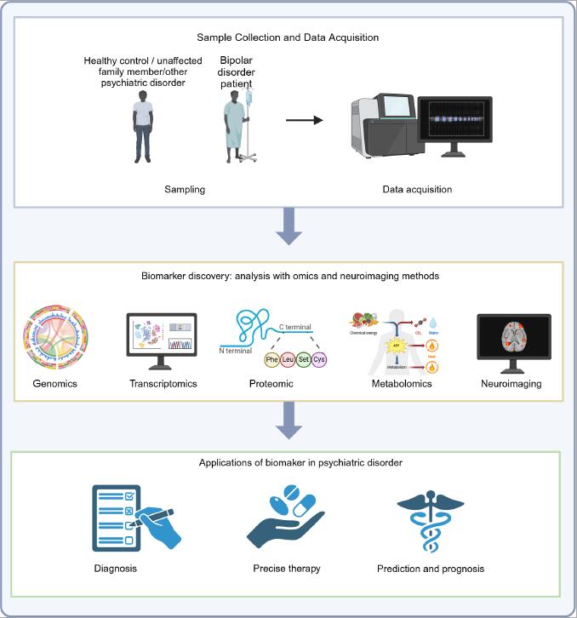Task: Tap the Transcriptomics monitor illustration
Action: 161,340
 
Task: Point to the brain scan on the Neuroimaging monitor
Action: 513,341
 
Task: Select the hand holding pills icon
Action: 286,516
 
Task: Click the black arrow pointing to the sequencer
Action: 304,119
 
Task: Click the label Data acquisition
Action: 417,189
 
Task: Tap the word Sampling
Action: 186,189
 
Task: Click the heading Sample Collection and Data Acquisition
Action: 288,37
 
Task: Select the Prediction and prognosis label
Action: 431,568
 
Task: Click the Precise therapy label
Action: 287,568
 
